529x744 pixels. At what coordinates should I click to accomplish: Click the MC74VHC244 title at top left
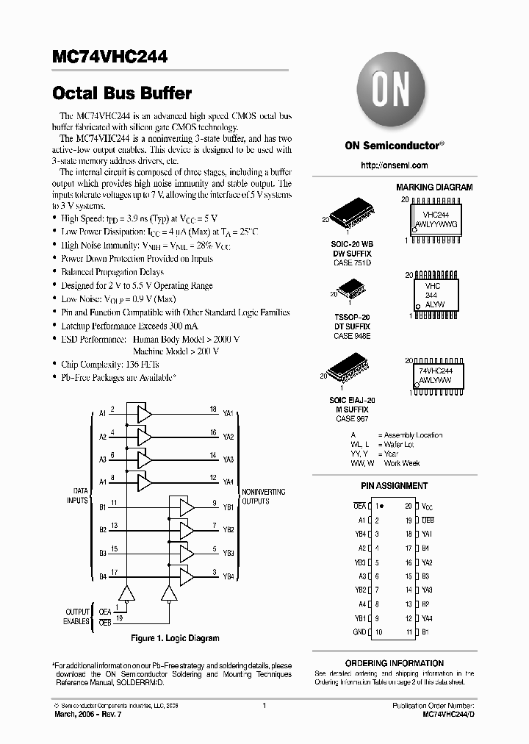click(109, 57)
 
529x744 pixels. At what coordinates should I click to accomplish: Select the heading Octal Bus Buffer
click(122, 94)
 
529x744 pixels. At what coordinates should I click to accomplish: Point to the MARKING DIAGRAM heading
click(434, 187)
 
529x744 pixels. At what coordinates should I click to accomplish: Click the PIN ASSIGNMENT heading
click(394, 486)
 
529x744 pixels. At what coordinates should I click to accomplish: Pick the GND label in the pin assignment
click(359, 632)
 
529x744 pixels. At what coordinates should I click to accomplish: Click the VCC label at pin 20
click(427, 507)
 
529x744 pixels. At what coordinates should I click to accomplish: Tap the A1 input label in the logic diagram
click(103, 414)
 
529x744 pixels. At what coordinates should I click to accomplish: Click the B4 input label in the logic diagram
click(103, 576)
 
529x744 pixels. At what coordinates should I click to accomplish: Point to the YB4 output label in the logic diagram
click(228, 576)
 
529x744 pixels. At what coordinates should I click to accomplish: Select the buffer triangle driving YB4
click(187, 576)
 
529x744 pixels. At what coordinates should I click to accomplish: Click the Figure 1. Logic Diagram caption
click(175, 638)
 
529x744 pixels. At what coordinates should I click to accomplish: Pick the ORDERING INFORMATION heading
click(395, 663)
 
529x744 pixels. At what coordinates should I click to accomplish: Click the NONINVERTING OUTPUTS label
click(264, 496)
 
